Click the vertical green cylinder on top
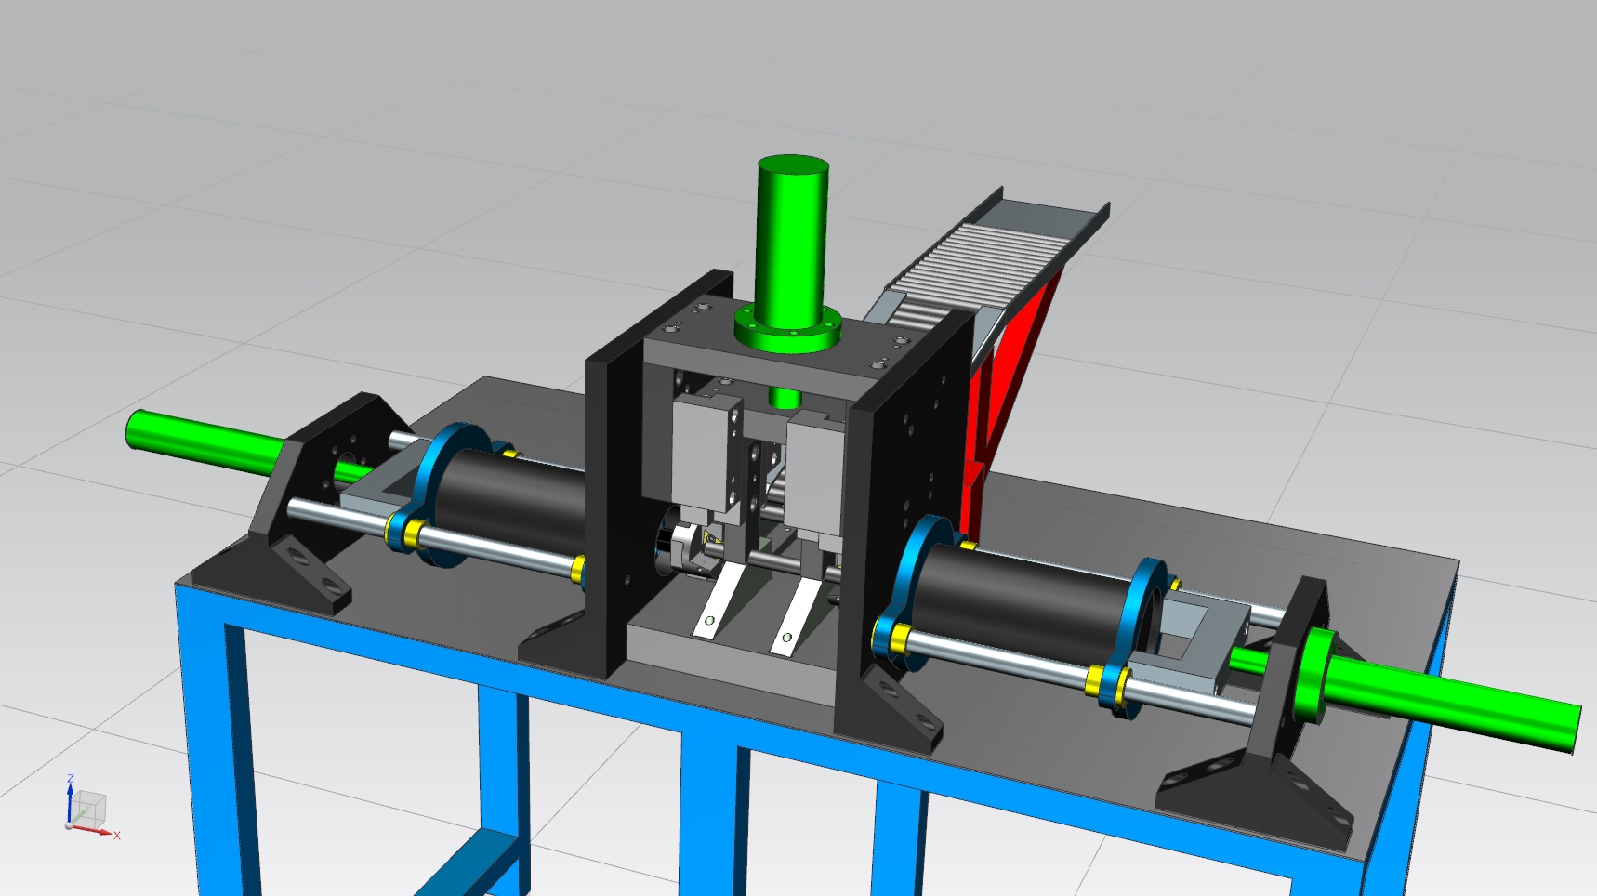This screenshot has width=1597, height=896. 792,237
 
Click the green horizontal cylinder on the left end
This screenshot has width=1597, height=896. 205,441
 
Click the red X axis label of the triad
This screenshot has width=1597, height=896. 117,836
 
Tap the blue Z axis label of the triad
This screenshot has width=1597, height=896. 70,780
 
